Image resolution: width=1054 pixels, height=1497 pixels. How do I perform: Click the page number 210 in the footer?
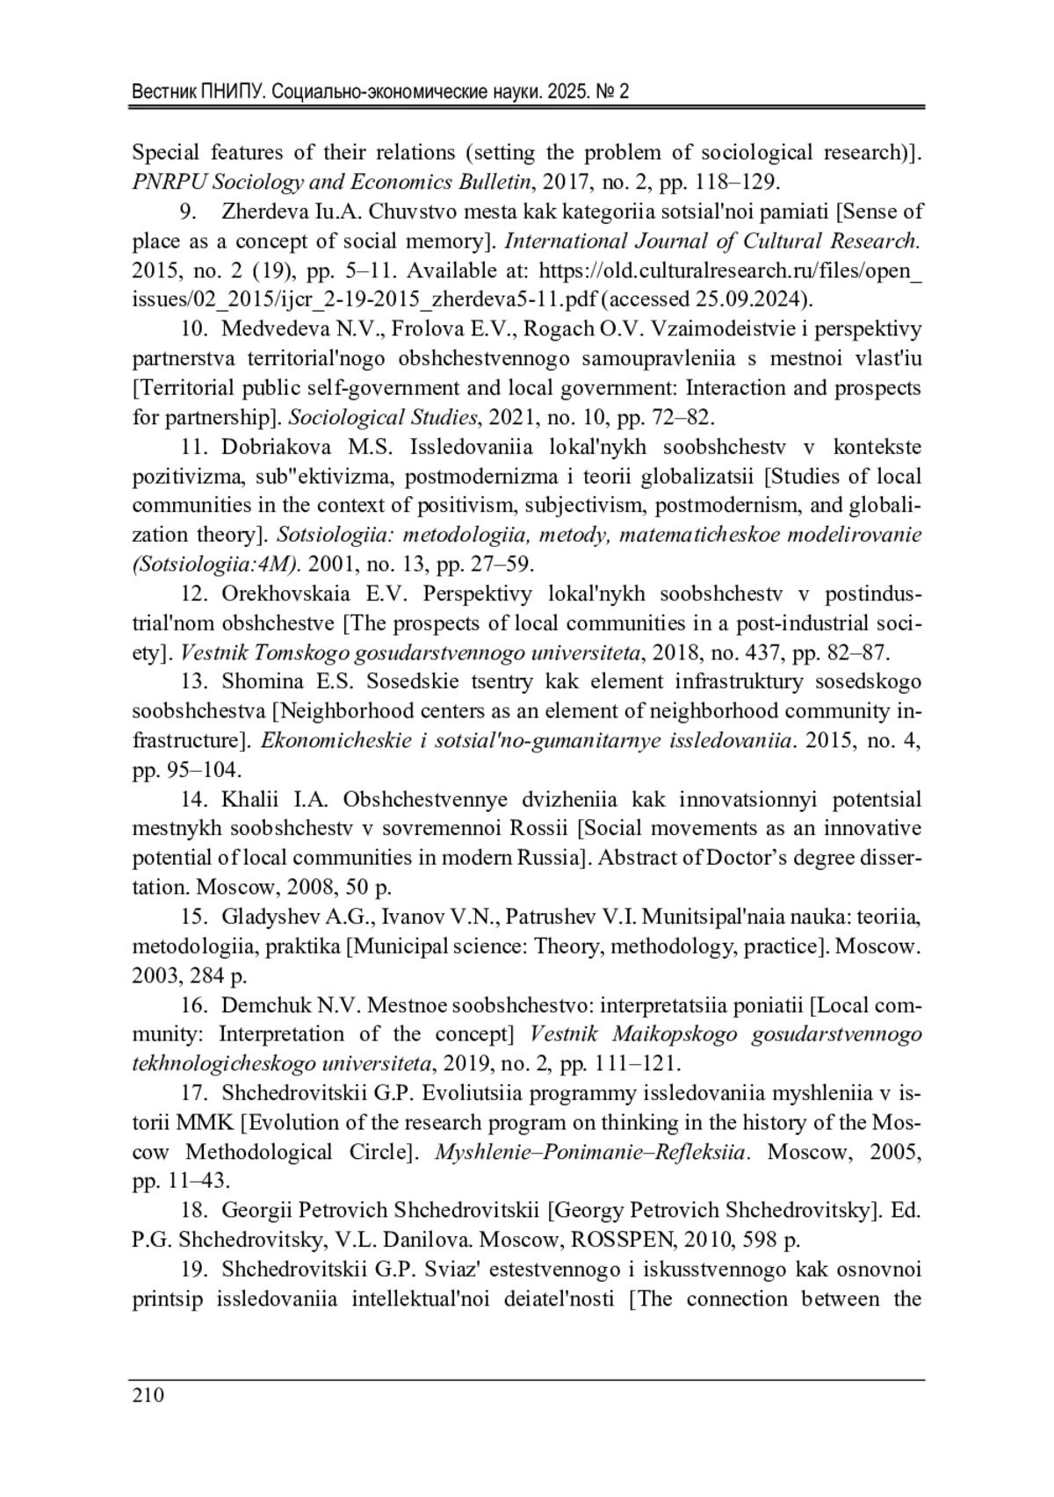[148, 1396]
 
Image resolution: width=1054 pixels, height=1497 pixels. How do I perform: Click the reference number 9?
[187, 212]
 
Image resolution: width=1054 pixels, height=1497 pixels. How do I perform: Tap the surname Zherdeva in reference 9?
[261, 212]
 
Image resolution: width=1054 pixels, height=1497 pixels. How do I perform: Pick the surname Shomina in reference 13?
[256, 682]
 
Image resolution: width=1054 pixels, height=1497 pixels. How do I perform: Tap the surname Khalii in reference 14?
[250, 800]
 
